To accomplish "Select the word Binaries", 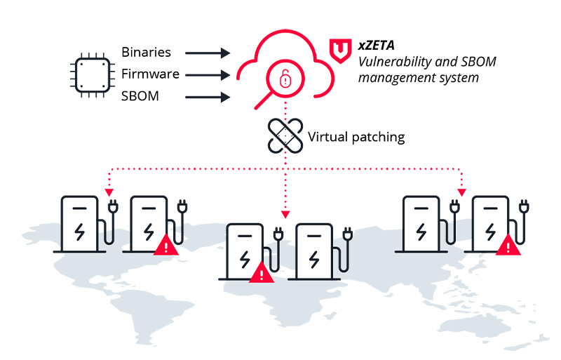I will [146, 53].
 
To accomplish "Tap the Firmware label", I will [150, 74].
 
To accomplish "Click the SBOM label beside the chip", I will [140, 96].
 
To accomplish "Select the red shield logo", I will [340, 51].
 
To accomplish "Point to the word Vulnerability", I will [395, 62].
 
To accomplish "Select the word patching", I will [379, 137].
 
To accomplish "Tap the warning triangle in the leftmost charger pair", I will [166, 245].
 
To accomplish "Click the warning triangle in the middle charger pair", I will [262, 272].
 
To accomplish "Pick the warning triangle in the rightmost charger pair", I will [507, 245].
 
